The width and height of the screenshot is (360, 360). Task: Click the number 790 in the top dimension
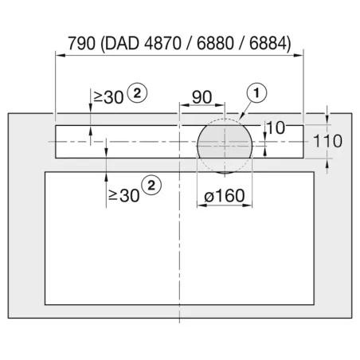coord(81,43)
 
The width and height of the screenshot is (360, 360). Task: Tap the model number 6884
coord(268,43)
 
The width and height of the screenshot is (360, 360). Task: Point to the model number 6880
coord(215,43)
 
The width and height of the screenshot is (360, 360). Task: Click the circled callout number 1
coord(256,93)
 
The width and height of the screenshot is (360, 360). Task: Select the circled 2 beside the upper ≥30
coord(137,93)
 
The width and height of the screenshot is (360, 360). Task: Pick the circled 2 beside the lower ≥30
coord(151,186)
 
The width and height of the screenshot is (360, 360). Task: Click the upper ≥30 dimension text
coord(108,97)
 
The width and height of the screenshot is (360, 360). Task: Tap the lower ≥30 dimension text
coord(124,196)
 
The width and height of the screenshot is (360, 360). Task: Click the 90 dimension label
coord(202,97)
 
